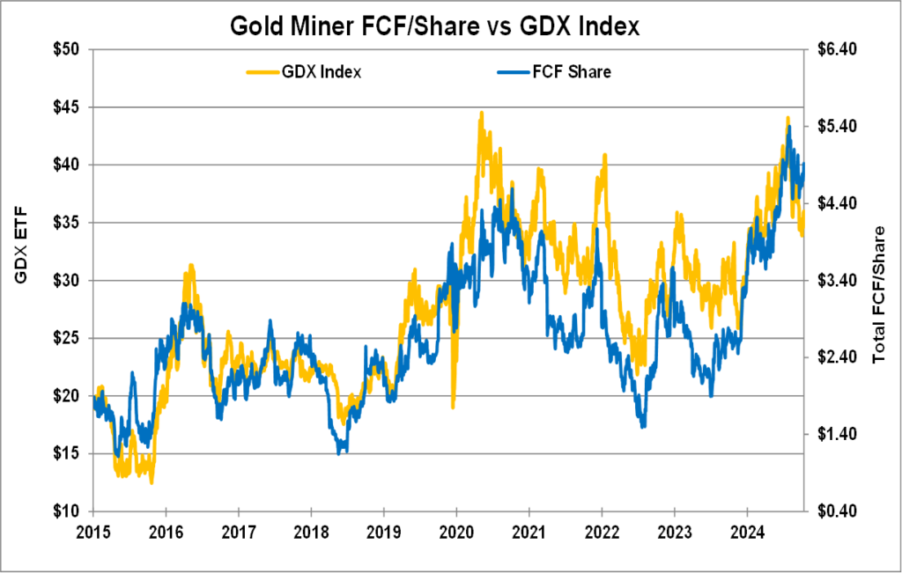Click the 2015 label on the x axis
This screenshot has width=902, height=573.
(92, 532)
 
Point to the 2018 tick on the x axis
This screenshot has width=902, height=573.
(310, 532)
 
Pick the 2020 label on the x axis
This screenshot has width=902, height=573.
(455, 532)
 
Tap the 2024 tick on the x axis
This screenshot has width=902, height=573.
(746, 532)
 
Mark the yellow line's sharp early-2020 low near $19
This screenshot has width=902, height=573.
(453, 407)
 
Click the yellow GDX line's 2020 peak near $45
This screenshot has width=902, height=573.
(481, 113)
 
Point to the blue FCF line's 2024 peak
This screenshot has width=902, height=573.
(789, 127)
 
